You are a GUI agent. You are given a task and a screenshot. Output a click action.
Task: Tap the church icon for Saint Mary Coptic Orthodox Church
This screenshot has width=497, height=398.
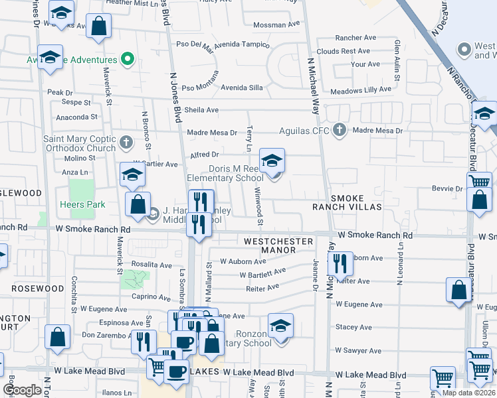pyautogui.click(x=126, y=141)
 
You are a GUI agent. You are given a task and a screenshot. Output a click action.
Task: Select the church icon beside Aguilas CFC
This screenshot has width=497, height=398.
pyautogui.click(x=340, y=129)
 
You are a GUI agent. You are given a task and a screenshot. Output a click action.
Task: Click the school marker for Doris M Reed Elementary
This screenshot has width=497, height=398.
pyautogui.click(x=271, y=162)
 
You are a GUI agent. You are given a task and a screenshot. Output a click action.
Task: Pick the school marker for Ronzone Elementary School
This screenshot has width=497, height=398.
pyautogui.click(x=281, y=328)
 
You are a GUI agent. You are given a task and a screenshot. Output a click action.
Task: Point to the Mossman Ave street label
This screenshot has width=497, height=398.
pyautogui.click(x=277, y=25)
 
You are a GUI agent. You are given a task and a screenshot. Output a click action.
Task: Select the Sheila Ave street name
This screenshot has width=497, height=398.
pyautogui.click(x=202, y=110)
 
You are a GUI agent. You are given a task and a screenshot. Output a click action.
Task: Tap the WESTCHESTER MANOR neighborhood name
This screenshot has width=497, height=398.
pyautogui.click(x=278, y=245)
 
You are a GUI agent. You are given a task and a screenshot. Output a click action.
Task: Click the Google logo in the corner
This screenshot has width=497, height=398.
pyautogui.click(x=22, y=389)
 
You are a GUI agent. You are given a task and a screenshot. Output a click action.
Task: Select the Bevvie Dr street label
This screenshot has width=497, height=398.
pyautogui.click(x=450, y=189)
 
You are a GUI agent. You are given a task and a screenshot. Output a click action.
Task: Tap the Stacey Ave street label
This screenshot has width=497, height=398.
pyautogui.click(x=353, y=327)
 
